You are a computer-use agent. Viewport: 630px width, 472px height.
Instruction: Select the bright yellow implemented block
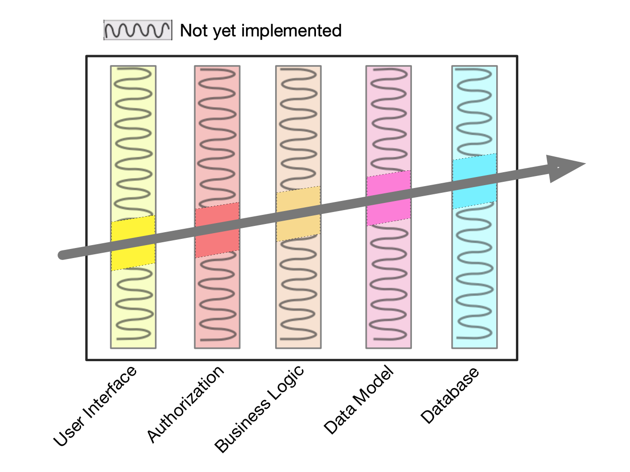pyautogui.click(x=133, y=243)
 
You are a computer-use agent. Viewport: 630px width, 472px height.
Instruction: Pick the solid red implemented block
pyautogui.click(x=217, y=230)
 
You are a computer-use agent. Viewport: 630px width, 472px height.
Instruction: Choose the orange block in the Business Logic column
pyautogui.click(x=298, y=214)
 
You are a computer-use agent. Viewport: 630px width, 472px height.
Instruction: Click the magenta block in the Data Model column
pyautogui.click(x=388, y=198)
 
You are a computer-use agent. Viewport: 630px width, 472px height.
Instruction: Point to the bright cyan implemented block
pyautogui.click(x=474, y=181)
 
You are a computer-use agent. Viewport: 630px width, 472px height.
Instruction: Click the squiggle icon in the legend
pyautogui.click(x=138, y=30)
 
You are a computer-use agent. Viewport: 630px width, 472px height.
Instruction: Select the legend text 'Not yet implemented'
pyautogui.click(x=260, y=31)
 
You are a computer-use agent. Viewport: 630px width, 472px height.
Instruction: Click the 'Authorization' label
pyautogui.click(x=185, y=404)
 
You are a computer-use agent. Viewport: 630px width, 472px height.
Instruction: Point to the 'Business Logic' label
pyautogui.click(x=259, y=409)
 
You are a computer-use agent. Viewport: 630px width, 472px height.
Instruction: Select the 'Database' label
pyautogui.click(x=450, y=395)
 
